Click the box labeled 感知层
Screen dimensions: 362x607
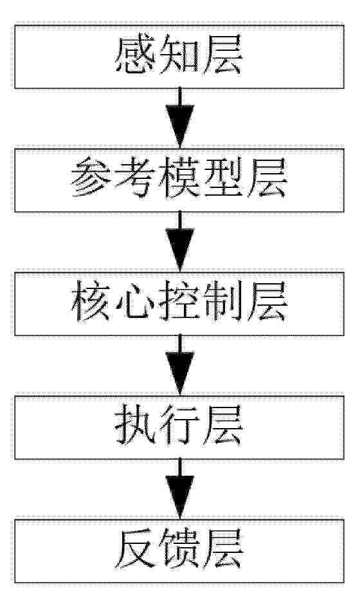179,57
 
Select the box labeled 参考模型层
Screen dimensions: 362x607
179,180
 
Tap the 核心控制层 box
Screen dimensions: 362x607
179,304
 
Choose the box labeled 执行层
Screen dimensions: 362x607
179,427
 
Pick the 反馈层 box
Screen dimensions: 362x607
179,551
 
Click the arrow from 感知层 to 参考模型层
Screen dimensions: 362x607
180,118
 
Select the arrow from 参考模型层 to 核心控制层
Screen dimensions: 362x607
180,242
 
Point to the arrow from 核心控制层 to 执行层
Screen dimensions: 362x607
180,366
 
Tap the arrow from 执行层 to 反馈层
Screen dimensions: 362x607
180,489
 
